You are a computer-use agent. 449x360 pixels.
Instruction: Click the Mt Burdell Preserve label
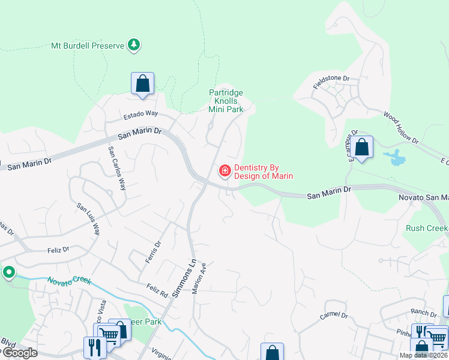coord(87,46)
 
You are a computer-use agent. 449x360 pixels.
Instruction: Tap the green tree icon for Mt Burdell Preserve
coord(134,45)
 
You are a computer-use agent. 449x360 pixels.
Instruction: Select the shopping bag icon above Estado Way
coord(142,83)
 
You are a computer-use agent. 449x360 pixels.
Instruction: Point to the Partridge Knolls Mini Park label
coord(226,101)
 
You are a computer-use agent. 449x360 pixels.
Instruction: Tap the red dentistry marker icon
coord(225,172)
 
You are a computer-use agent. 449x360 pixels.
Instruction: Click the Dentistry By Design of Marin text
coord(264,172)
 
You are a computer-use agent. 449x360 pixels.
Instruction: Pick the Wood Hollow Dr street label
coord(400,127)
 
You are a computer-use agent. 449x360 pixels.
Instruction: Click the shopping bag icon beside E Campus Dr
coord(361,147)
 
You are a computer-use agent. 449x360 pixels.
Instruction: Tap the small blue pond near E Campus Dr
coord(396,159)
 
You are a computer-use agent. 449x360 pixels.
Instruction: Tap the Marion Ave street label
coord(199,277)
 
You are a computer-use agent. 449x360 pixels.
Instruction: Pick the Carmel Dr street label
coord(334,315)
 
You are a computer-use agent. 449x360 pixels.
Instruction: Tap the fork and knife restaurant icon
coord(95,347)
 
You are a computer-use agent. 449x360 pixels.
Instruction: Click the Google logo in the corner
coord(19,353)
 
